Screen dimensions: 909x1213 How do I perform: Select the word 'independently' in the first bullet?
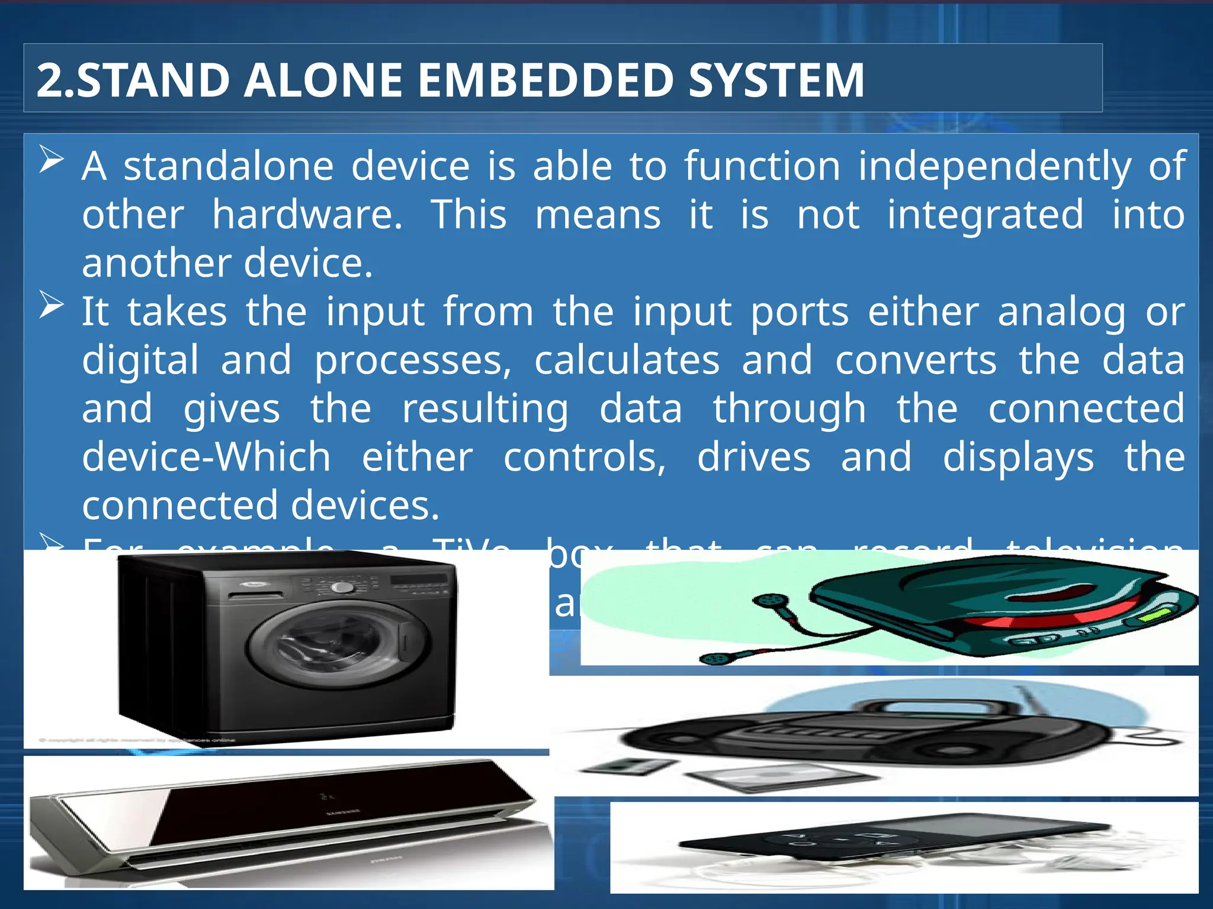tap(994, 167)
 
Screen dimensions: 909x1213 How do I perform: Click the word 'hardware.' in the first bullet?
tap(307, 214)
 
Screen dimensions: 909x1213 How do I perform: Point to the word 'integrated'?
tap(985, 214)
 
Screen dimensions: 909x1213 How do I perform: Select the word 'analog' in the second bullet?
tap(1061, 312)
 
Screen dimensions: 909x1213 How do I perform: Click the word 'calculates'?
tap(627, 360)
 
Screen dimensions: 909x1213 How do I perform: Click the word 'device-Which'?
tap(206, 457)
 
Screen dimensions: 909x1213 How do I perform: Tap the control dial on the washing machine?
tap(342, 587)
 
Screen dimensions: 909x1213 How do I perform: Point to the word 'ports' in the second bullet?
tap(800, 312)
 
